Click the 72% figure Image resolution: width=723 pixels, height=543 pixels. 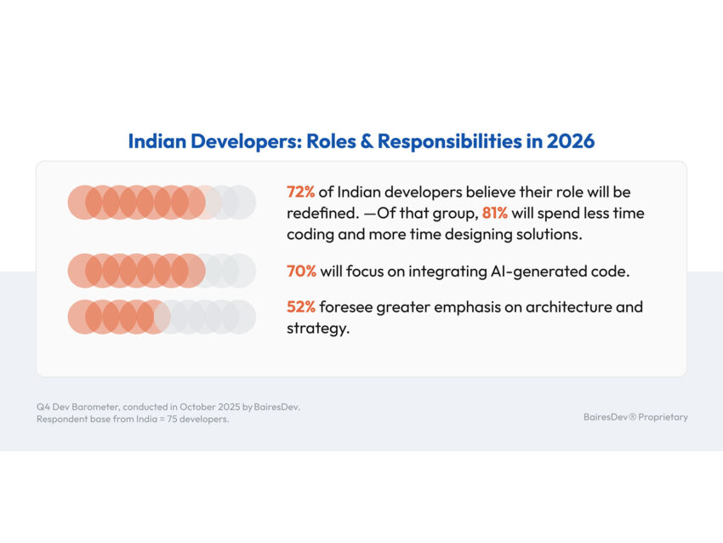300,193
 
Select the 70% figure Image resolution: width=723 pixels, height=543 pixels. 301,271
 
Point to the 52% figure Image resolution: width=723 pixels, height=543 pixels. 300,307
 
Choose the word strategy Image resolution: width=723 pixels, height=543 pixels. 317,329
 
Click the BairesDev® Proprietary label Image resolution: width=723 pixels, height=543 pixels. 635,417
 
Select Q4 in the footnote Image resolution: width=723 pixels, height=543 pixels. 43,407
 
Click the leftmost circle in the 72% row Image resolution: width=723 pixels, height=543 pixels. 84,203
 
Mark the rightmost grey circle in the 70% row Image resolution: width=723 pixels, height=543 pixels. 240,271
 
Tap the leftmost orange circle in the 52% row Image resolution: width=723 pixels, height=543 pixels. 84,316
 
